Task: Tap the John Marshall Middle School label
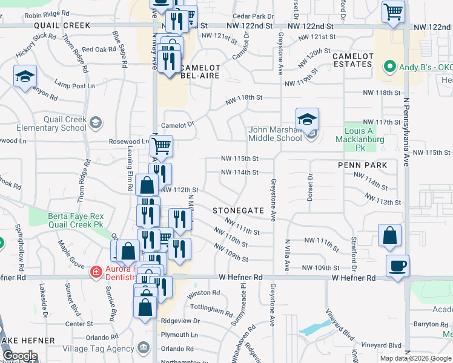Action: (275, 134)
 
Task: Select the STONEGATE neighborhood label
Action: (239, 210)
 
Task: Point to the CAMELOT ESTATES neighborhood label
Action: (352, 59)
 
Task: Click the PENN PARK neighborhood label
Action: (358, 165)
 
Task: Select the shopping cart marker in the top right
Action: (393, 12)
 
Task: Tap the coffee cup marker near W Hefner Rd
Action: (397, 266)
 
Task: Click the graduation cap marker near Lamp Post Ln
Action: (24, 77)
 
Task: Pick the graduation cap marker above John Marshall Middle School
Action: (307, 119)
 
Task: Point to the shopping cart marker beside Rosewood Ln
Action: (161, 146)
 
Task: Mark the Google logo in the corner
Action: (20, 356)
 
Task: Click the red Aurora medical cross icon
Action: (95, 272)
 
